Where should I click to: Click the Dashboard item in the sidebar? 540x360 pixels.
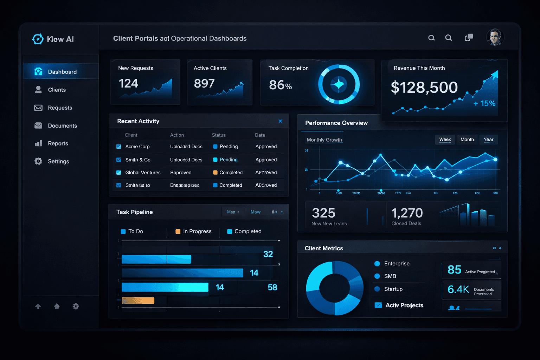62,72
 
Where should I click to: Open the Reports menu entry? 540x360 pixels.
58,143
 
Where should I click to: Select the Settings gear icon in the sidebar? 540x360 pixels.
38,161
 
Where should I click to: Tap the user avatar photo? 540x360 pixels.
495,37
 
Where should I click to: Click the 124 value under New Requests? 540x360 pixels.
128,84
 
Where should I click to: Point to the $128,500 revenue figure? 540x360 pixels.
424,88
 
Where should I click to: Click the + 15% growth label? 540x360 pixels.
484,103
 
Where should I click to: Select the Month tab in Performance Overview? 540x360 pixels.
467,140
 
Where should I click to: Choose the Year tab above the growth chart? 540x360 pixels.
488,140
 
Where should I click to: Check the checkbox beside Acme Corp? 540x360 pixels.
119,147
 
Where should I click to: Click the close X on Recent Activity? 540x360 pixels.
280,121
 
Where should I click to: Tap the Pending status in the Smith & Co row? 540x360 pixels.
228,160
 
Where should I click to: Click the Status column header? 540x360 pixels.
219,135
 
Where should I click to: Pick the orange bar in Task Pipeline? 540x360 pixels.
138,301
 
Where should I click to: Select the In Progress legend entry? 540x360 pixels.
197,231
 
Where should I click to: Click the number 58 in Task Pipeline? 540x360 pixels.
272,287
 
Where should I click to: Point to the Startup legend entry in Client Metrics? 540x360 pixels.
393,289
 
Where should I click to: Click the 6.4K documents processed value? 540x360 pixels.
458,289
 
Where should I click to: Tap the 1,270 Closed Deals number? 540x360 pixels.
407,213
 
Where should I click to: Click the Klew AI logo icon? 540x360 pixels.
38,39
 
